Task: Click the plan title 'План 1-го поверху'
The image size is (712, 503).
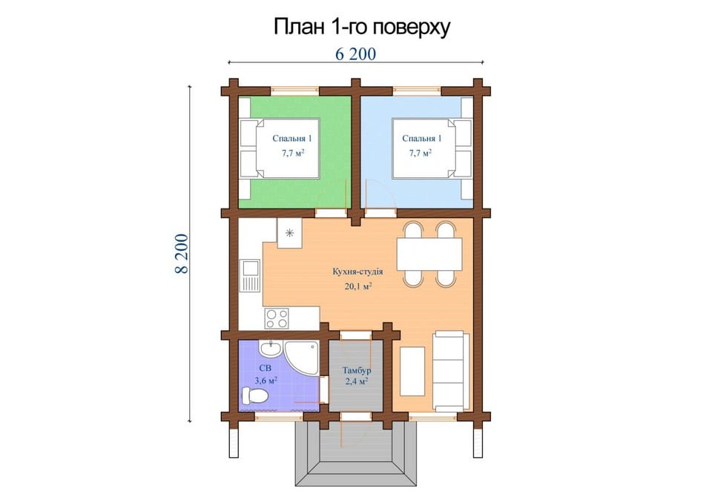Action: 361,27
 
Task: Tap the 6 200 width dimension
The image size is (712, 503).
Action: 355,54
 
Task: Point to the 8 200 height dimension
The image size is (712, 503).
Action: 181,254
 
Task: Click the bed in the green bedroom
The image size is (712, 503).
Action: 280,148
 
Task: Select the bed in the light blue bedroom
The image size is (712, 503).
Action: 432,148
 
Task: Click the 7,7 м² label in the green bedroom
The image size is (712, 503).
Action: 292,153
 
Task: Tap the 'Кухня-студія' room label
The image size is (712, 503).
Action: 357,272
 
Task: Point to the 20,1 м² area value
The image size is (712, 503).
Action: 358,286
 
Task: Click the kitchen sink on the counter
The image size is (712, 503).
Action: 250,275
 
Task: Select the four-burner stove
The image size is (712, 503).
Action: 277,318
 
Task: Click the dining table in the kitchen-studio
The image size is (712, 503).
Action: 429,254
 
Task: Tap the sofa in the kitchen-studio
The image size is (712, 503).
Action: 451,371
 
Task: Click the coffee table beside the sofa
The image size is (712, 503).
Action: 412,371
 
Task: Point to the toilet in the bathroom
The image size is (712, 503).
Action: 254,395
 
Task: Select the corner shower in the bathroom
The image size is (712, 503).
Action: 302,358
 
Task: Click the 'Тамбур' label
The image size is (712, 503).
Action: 357,370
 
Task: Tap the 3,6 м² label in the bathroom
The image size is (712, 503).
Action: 266,381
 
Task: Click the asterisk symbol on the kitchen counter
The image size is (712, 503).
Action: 290,233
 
